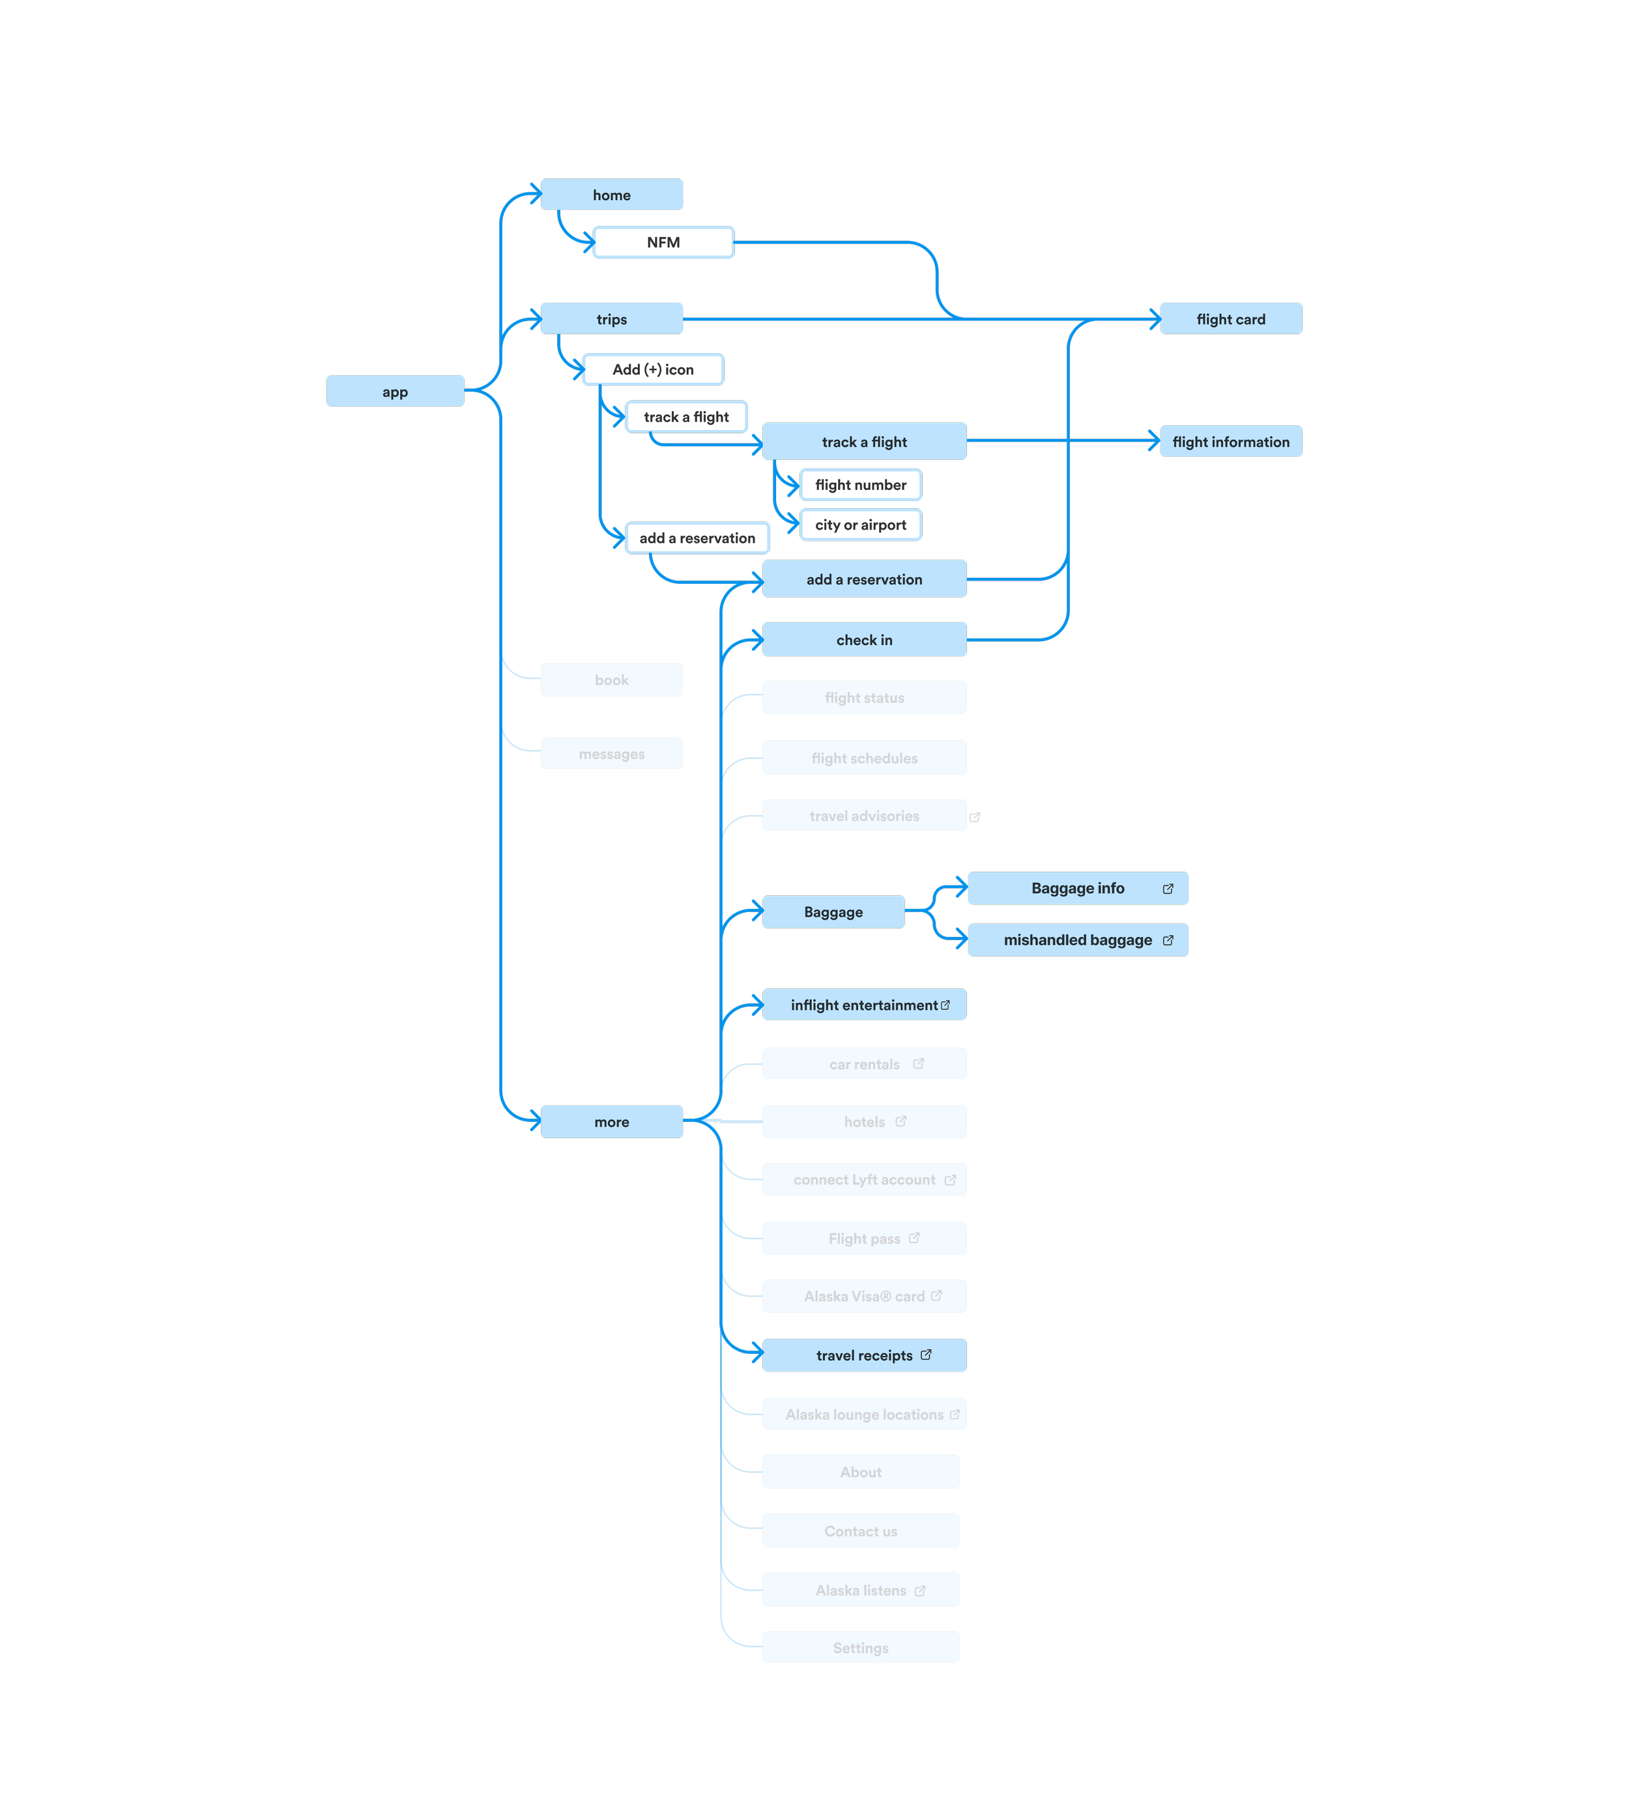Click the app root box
pyautogui.click(x=395, y=391)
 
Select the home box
pyautogui.click(x=611, y=194)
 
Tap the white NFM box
pyautogui.click(x=663, y=242)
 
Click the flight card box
pyautogui.click(x=1231, y=319)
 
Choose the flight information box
pyautogui.click(x=1231, y=441)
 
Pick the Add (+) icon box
pyautogui.click(x=652, y=369)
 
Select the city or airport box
pyautogui.click(x=860, y=524)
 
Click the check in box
pyautogui.click(x=864, y=640)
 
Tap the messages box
pyautogui.click(x=611, y=754)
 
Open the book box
pyautogui.click(x=611, y=680)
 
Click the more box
pyautogui.click(x=611, y=1121)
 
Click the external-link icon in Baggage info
pyautogui.click(x=1168, y=889)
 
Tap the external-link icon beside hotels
pyautogui.click(x=901, y=1121)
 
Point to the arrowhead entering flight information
pyautogui.click(x=1155, y=440)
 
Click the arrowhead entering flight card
pyautogui.click(x=1155, y=319)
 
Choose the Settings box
pyautogui.click(x=860, y=1648)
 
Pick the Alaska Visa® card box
pyautogui.click(x=864, y=1296)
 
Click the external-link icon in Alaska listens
pyautogui.click(x=920, y=1590)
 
